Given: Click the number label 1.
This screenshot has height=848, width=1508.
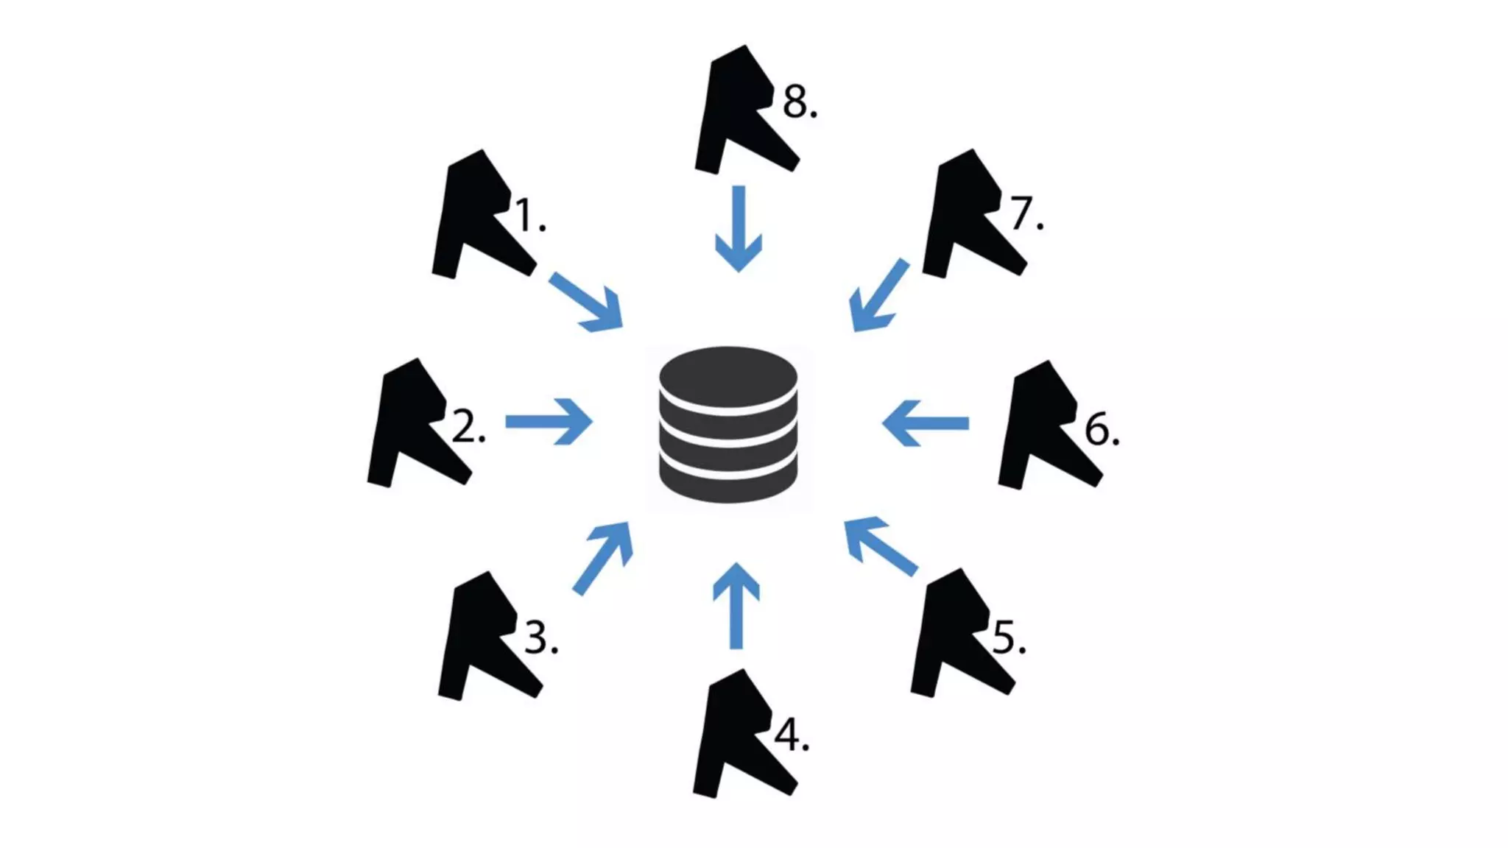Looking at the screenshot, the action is click(x=529, y=216).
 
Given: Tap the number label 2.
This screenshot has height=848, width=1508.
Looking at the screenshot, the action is click(x=468, y=426).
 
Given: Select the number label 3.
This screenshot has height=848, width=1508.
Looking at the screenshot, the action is click(x=540, y=637).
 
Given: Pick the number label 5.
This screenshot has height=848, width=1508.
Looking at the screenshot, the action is click(x=1008, y=637).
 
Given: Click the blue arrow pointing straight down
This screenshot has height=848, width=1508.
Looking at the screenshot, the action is click(x=739, y=228).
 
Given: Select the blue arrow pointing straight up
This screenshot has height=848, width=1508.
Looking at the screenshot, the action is click(x=736, y=606).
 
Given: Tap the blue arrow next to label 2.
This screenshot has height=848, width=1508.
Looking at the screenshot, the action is click(x=549, y=422).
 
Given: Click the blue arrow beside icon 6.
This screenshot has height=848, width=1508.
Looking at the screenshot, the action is click(x=926, y=423).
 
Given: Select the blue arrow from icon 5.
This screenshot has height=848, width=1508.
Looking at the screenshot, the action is click(x=880, y=545).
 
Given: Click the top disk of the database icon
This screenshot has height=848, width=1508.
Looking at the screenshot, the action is click(x=727, y=375).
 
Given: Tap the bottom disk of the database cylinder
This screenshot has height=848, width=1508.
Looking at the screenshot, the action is click(x=727, y=482).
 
